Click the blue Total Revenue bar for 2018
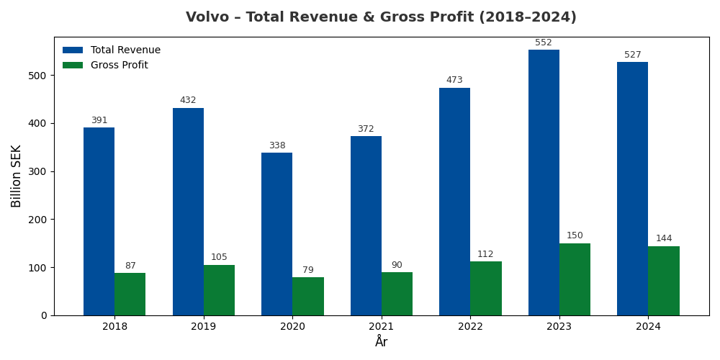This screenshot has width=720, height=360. pyautogui.click(x=99, y=221)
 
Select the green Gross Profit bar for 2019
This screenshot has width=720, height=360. pyautogui.click(x=219, y=290)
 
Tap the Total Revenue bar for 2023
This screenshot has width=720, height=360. pyautogui.click(x=544, y=182)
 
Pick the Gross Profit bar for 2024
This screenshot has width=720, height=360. pyautogui.click(x=663, y=281)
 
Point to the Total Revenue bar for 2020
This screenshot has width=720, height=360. pyautogui.click(x=276, y=234)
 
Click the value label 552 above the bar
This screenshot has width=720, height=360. pyautogui.click(x=544, y=43)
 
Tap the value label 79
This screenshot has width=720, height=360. pyautogui.click(x=308, y=271)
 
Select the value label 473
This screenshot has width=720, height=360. pyautogui.click(x=454, y=81)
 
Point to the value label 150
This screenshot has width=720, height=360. pyautogui.click(x=575, y=236)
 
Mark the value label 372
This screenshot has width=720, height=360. pyautogui.click(x=366, y=130)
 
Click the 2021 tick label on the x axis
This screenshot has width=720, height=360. pyautogui.click(x=382, y=327)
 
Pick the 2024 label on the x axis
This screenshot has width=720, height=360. pyautogui.click(x=648, y=327)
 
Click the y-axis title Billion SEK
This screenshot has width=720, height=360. pyautogui.click(x=17, y=176)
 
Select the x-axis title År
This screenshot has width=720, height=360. pyautogui.click(x=382, y=342)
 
